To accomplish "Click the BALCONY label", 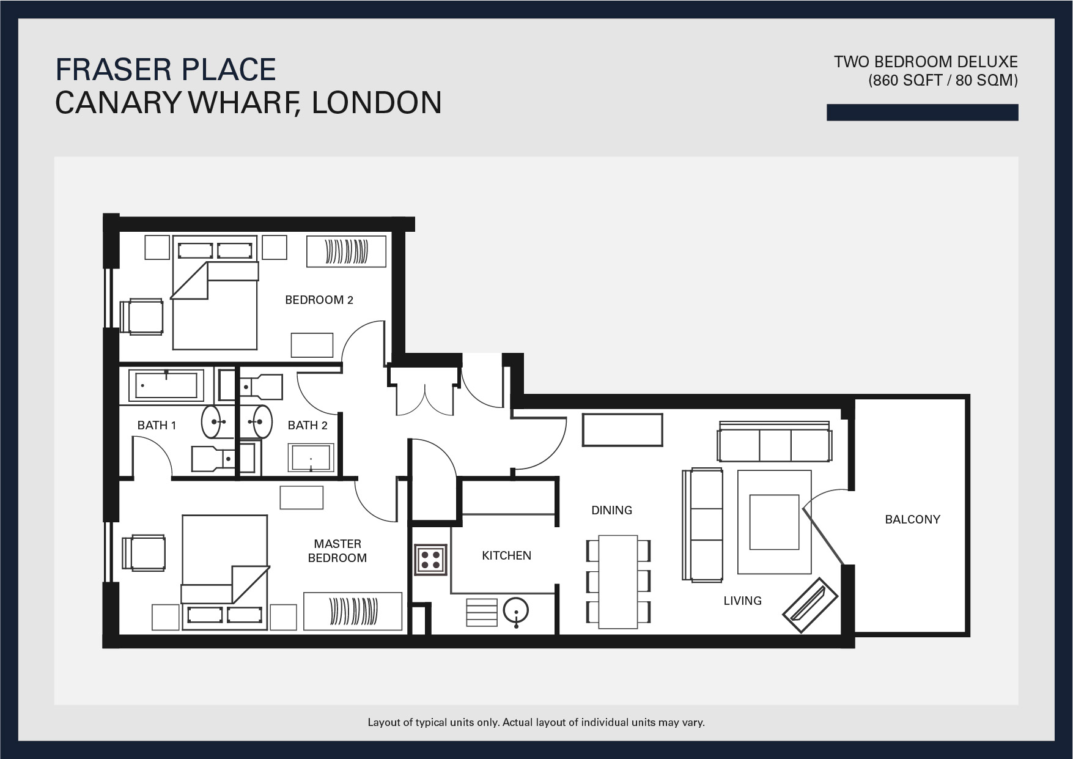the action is pos(912,519).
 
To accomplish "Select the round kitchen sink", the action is pos(516,611).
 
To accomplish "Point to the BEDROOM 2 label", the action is pos(319,300).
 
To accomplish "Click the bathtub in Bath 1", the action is pos(166,385).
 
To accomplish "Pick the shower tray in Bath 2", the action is pos(311,458).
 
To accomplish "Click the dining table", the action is pos(618,582).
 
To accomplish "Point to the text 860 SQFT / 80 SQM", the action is pos(943,80).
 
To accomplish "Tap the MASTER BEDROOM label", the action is pos(337,550).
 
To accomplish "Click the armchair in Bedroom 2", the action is pos(142,316).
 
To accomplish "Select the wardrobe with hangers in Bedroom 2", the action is pos(346,251).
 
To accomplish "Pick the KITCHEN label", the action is pos(506,555).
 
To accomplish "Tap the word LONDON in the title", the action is pos(377,102).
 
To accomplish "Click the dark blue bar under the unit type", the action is pos(922,113).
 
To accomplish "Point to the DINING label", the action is pos(611,510).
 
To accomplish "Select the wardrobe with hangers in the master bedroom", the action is pos(353,610).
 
